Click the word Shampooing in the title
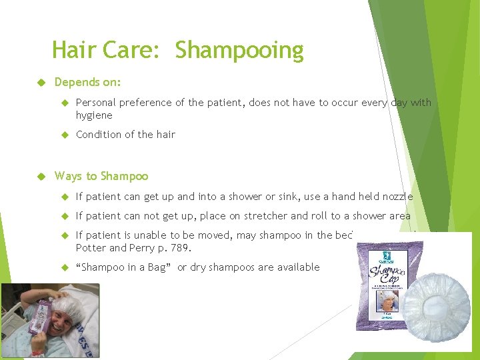pos(239,51)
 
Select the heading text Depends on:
pos(87,82)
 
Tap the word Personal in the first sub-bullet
pos(97,103)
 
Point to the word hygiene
pos(94,115)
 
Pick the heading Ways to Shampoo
pos(101,176)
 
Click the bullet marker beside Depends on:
pos(41,82)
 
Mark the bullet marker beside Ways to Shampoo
pos(41,176)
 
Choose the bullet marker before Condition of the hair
pos(65,135)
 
